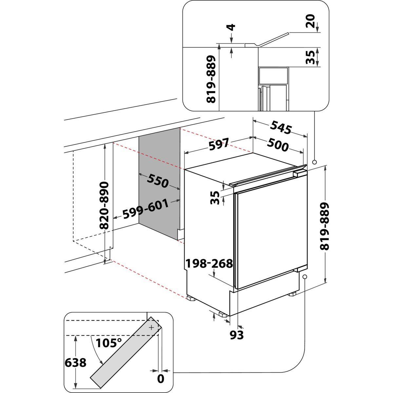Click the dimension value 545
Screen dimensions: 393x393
point(281,128)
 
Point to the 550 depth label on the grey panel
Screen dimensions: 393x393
point(158,181)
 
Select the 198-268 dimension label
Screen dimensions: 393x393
point(209,263)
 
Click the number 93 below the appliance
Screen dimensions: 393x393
point(236,335)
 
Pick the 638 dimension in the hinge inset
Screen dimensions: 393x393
point(76,363)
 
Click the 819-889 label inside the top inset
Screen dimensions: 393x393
point(212,79)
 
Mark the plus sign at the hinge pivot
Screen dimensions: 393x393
point(151,327)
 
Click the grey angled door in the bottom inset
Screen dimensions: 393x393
point(124,354)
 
